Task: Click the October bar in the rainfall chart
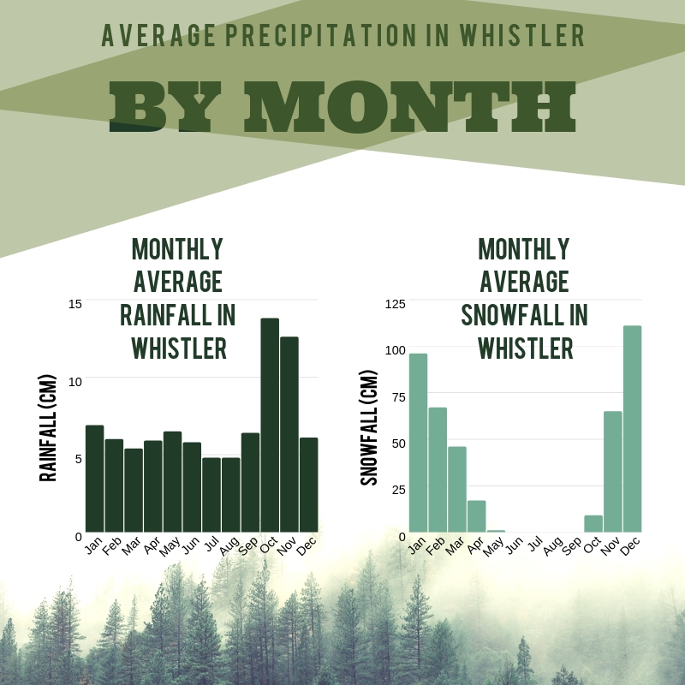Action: pos(270,425)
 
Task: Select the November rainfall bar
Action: pos(289,435)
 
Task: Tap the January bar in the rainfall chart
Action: pos(95,479)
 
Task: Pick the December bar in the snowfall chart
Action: pos(632,429)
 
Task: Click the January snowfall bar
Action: pos(418,443)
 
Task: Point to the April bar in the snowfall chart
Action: pos(477,516)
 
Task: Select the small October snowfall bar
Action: pos(593,524)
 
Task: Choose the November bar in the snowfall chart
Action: pos(613,472)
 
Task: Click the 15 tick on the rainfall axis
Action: pos(75,304)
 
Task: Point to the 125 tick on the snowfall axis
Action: pos(396,304)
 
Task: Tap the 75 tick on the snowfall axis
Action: pos(399,397)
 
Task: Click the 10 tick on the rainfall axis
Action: pos(75,382)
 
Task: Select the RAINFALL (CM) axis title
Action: pos(48,428)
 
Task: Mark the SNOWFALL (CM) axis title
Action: pos(369,427)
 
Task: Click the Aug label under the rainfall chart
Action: pos(229,546)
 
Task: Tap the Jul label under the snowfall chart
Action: pos(535,545)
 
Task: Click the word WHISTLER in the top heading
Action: pos(522,35)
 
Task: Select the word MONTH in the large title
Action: pos(410,106)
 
